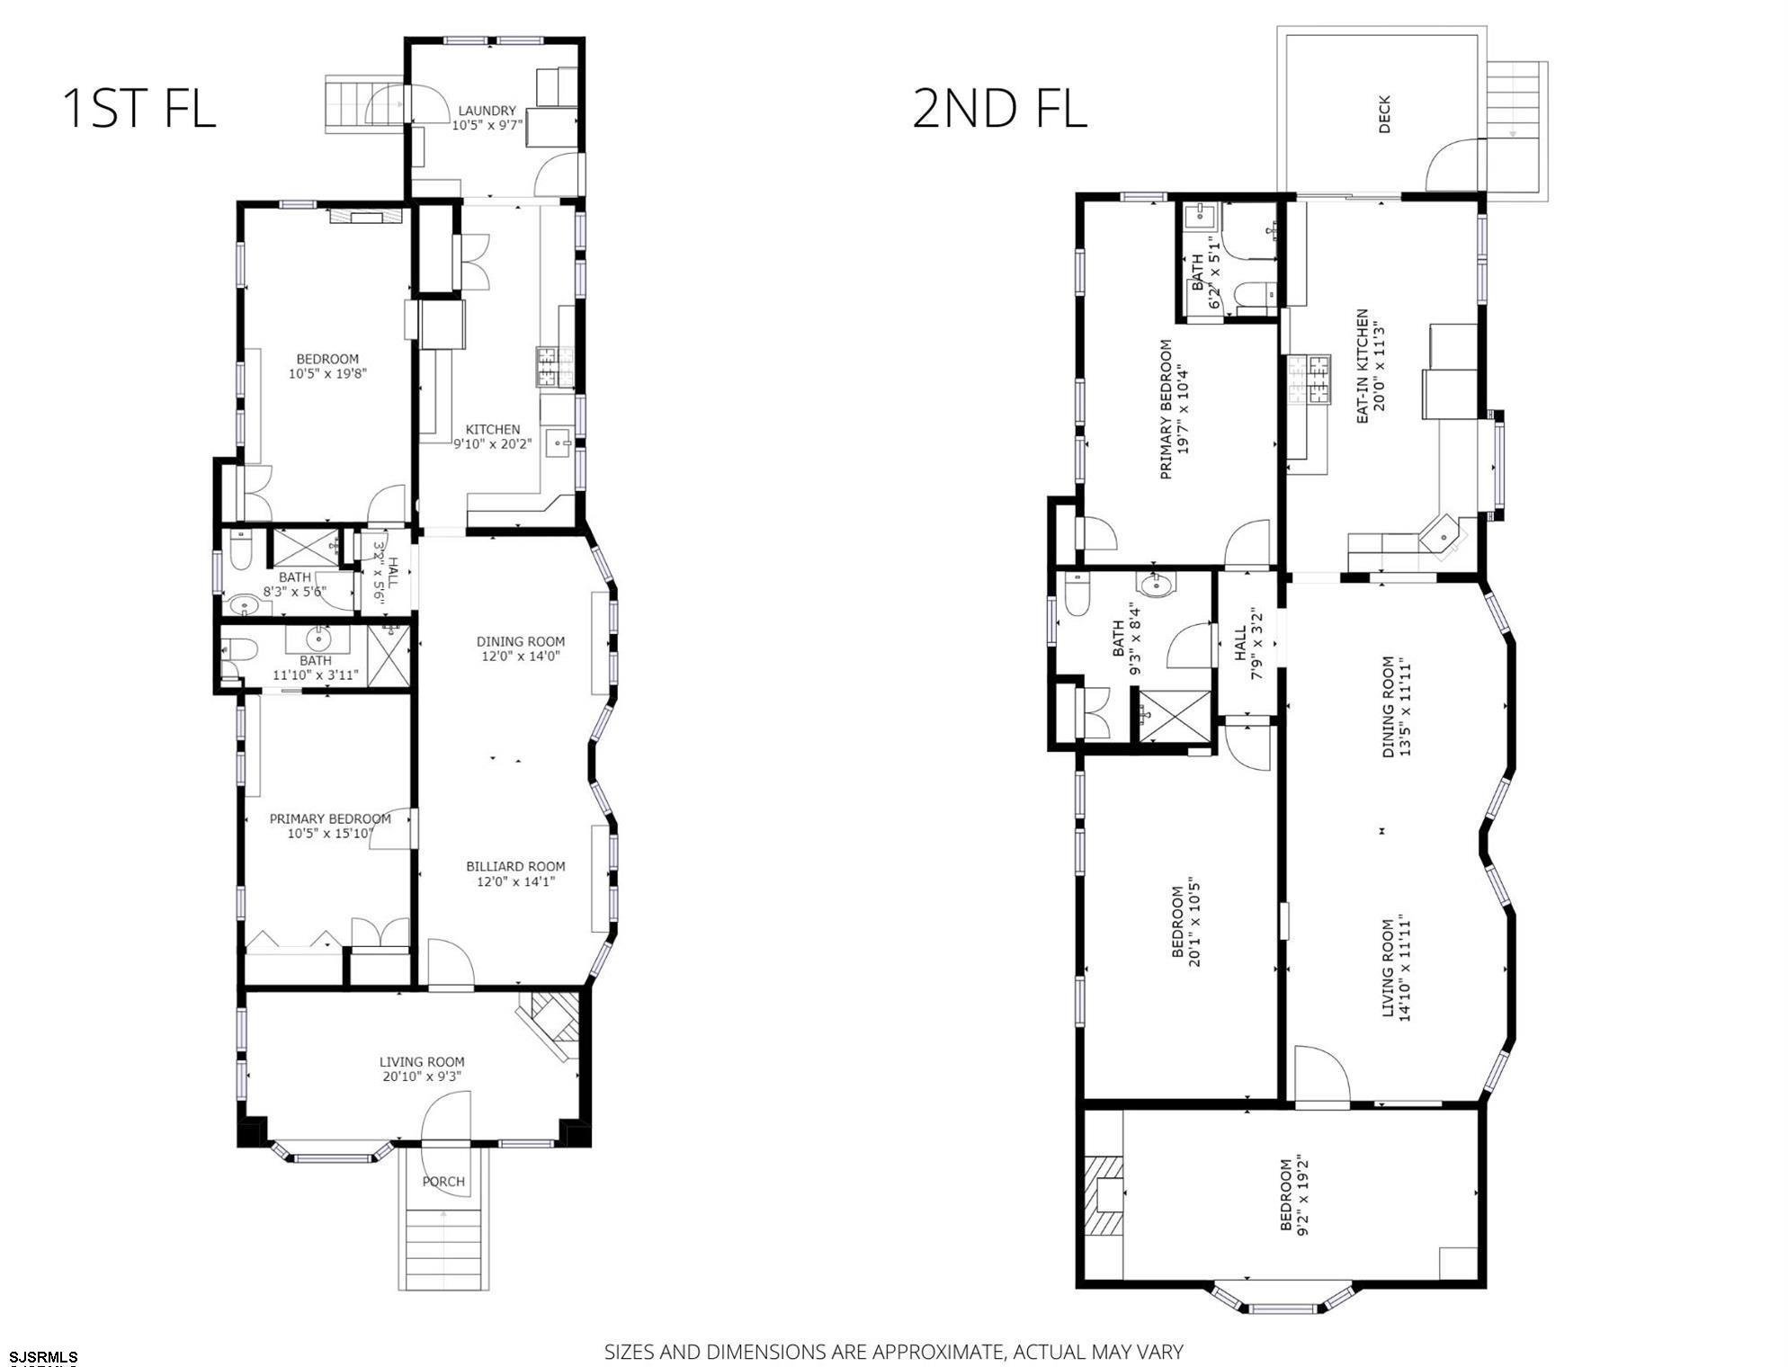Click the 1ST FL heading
[139, 108]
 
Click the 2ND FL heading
[999, 108]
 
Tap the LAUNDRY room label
[487, 111]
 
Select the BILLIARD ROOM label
[515, 866]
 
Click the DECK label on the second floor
[1384, 115]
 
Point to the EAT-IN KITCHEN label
[1363, 366]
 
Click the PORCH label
[443, 1181]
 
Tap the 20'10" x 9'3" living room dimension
[421, 1076]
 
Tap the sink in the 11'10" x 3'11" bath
[317, 640]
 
